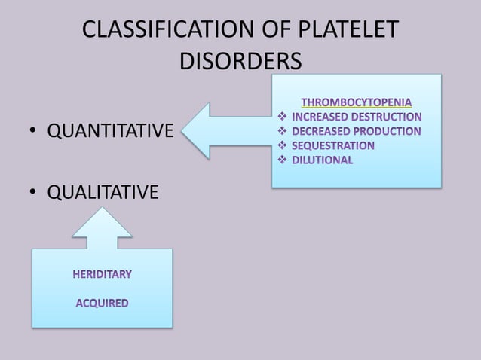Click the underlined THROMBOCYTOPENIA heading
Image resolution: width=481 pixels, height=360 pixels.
(x=357, y=102)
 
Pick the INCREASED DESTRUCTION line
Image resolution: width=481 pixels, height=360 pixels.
(x=357, y=117)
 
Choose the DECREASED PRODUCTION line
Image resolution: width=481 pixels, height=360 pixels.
(x=357, y=131)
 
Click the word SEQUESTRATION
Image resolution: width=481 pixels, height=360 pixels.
(x=333, y=145)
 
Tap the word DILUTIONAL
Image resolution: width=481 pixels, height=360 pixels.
(x=323, y=160)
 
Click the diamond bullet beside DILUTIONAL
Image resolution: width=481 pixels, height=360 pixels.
(x=282, y=160)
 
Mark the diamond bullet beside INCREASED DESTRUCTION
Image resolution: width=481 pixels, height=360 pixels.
(x=282, y=117)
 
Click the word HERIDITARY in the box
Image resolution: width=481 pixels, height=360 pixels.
(x=102, y=274)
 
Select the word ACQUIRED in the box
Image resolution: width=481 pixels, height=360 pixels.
(x=102, y=304)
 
